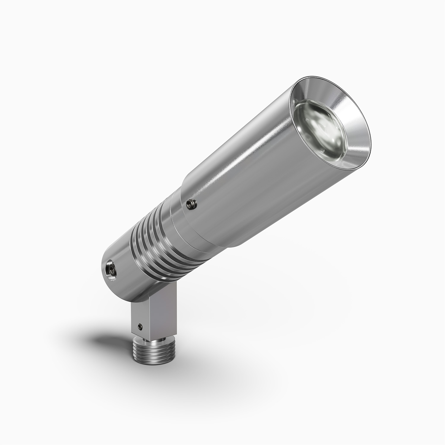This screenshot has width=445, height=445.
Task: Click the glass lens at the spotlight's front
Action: tap(320, 125)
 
